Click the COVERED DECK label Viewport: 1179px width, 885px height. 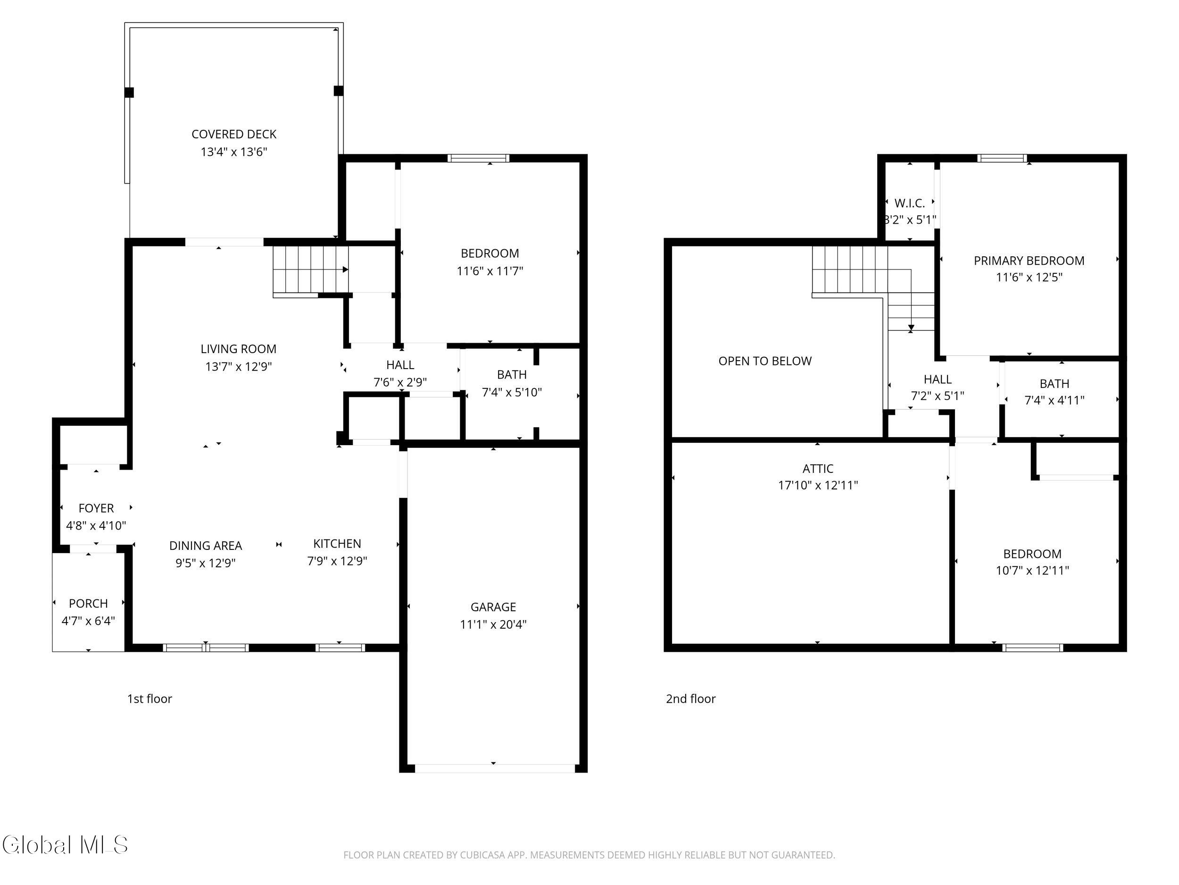(x=234, y=134)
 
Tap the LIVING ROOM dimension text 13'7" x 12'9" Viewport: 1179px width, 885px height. (x=238, y=366)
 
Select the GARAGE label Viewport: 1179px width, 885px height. (x=493, y=607)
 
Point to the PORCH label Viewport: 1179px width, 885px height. (x=89, y=603)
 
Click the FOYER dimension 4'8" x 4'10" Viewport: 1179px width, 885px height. (x=96, y=525)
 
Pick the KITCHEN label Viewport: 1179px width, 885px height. (x=337, y=544)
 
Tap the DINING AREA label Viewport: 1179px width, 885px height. (x=206, y=545)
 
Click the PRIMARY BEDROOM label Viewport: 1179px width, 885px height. (x=1029, y=261)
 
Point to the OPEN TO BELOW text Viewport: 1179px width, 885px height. (x=765, y=361)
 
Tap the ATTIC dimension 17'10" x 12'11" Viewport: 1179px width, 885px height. (x=818, y=485)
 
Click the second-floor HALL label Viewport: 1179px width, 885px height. (x=938, y=379)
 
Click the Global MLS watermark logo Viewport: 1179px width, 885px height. (x=65, y=845)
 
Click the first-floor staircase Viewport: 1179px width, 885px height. (x=311, y=270)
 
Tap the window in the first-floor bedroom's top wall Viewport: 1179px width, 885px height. (x=478, y=158)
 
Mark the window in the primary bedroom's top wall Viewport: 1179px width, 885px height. (x=1002, y=158)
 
